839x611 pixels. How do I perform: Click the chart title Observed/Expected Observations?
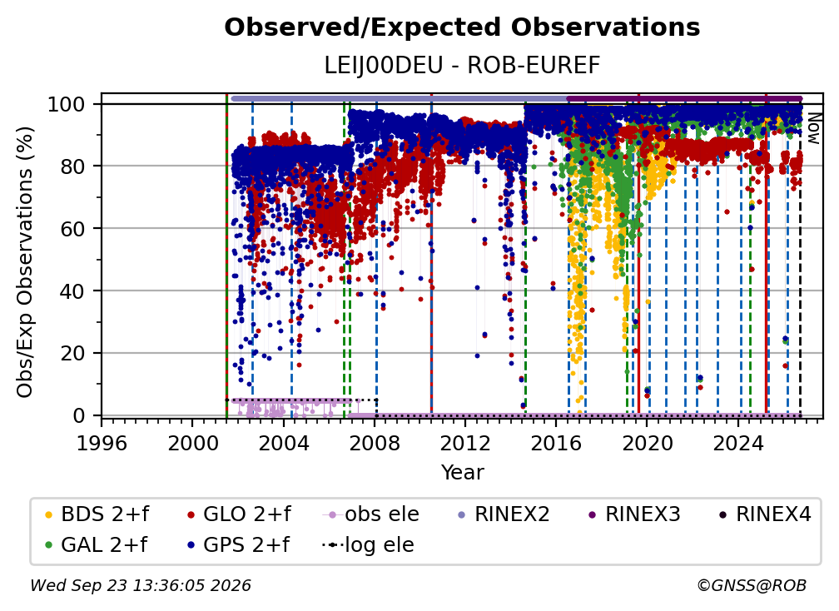[x=462, y=27]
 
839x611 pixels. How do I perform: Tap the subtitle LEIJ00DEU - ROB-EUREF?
[x=462, y=66]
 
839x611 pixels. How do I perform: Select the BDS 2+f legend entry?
[x=97, y=514]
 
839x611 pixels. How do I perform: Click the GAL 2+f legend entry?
[x=96, y=545]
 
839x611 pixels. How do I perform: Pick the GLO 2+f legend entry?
[x=239, y=514]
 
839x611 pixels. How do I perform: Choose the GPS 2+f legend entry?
[x=238, y=545]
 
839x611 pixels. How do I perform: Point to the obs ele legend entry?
[x=370, y=514]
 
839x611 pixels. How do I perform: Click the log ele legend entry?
[x=368, y=545]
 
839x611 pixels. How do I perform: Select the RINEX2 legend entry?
[x=504, y=514]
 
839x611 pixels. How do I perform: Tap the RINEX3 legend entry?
[x=634, y=514]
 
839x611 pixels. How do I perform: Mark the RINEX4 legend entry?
[x=765, y=514]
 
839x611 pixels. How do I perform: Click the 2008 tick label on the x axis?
[x=374, y=444]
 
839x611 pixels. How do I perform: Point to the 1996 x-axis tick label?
[x=102, y=444]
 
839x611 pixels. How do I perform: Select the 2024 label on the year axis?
[x=737, y=444]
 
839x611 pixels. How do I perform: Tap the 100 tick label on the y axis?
[x=67, y=104]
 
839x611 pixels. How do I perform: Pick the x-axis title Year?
[x=462, y=473]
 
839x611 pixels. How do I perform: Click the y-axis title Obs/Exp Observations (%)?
[x=25, y=261]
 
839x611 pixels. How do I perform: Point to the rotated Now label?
[x=813, y=128]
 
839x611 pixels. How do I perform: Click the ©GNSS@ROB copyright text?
[x=752, y=585]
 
